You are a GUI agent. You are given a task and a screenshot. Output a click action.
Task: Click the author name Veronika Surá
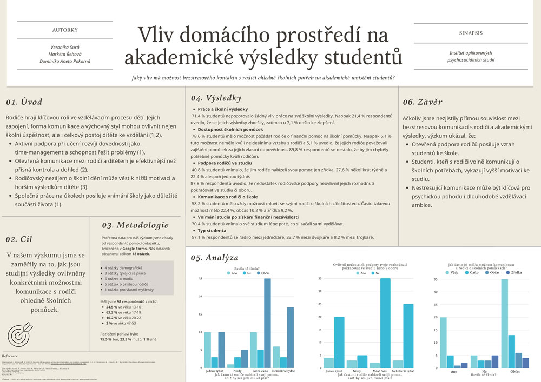click(x=64, y=47)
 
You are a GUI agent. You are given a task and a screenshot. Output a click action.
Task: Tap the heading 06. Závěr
click(x=423, y=102)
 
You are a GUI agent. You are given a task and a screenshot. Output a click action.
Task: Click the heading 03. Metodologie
click(x=135, y=225)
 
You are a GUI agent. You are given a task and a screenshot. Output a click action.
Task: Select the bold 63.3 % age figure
click(x=113, y=312)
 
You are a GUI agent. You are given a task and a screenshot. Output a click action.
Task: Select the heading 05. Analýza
click(x=214, y=258)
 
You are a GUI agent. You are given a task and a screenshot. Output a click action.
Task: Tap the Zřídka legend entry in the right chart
click(x=513, y=273)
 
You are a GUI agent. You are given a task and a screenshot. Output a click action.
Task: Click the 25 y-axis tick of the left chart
click(x=201, y=279)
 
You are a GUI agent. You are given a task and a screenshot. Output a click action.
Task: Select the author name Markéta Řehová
click(x=64, y=54)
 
